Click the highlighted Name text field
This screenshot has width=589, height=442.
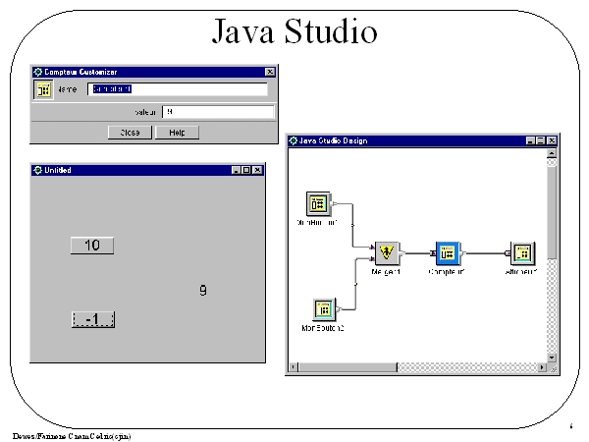tap(177, 89)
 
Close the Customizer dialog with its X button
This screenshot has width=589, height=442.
tap(270, 72)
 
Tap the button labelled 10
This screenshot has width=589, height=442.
tap(92, 246)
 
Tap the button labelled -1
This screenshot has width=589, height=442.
tap(93, 319)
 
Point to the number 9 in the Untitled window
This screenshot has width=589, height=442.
tap(203, 291)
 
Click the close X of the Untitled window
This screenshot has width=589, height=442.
tap(258, 170)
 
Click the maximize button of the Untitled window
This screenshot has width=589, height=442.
tap(247, 170)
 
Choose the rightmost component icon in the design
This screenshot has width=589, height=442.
tap(522, 253)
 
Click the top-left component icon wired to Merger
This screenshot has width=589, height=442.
tap(317, 203)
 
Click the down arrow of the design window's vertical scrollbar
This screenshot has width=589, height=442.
tap(551, 357)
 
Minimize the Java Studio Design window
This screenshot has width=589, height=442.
tap(530, 141)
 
